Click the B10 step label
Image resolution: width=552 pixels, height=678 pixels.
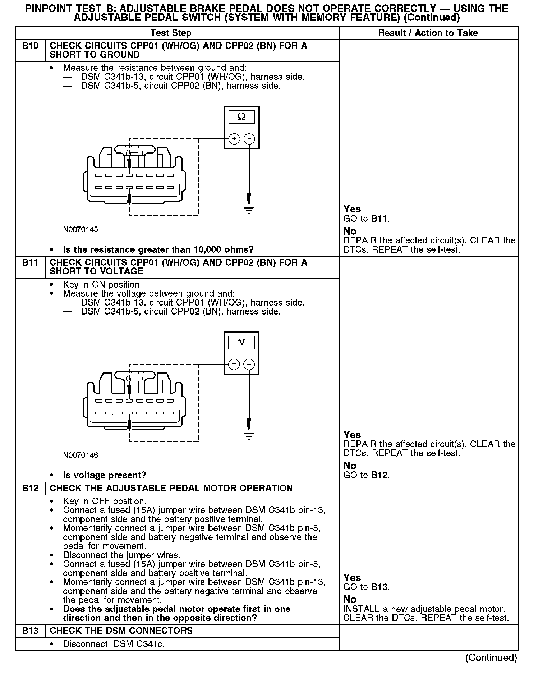[30, 46]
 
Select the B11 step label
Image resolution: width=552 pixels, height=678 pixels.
[30, 263]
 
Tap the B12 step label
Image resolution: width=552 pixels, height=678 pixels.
[30, 488]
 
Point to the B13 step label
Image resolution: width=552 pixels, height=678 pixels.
[30, 631]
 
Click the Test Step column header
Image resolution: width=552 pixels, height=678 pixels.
[171, 33]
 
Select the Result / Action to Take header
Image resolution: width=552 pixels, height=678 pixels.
[428, 33]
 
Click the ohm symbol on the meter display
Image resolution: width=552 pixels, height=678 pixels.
[241, 117]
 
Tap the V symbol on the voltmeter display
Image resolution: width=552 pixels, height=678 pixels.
[241, 342]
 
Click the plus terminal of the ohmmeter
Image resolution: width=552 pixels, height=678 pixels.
[234, 138]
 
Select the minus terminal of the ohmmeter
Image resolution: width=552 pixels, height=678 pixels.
[249, 138]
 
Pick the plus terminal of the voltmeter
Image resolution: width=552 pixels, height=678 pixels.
[234, 364]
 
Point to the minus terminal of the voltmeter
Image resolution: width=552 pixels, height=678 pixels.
[249, 364]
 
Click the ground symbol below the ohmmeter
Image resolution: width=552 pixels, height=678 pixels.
[249, 210]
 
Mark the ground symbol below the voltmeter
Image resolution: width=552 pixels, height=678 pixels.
[249, 436]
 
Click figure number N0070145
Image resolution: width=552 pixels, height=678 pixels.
[80, 229]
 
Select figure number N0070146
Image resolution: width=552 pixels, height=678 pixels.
[80, 455]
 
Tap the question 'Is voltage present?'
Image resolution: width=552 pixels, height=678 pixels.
[105, 475]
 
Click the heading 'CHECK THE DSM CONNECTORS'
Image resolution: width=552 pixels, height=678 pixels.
[121, 631]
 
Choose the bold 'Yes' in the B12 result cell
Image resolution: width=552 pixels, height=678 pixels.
[352, 577]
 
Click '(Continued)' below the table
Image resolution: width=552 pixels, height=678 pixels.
[491, 658]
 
